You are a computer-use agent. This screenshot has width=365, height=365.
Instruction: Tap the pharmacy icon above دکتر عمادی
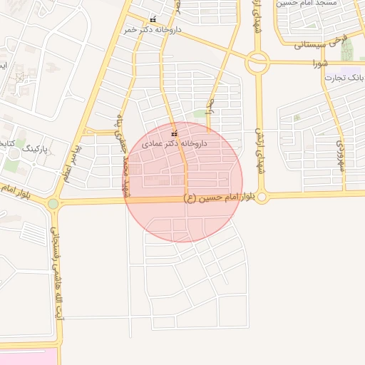tap(174, 133)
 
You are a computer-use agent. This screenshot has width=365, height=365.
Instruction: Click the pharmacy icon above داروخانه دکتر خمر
tap(153, 20)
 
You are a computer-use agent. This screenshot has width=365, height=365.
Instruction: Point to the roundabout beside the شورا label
tap(257, 63)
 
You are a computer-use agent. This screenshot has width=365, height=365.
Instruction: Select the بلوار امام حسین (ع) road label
tap(220, 197)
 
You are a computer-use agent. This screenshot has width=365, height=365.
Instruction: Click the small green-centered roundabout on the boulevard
tap(53, 204)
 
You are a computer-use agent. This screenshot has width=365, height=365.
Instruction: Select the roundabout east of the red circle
tap(261, 196)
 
